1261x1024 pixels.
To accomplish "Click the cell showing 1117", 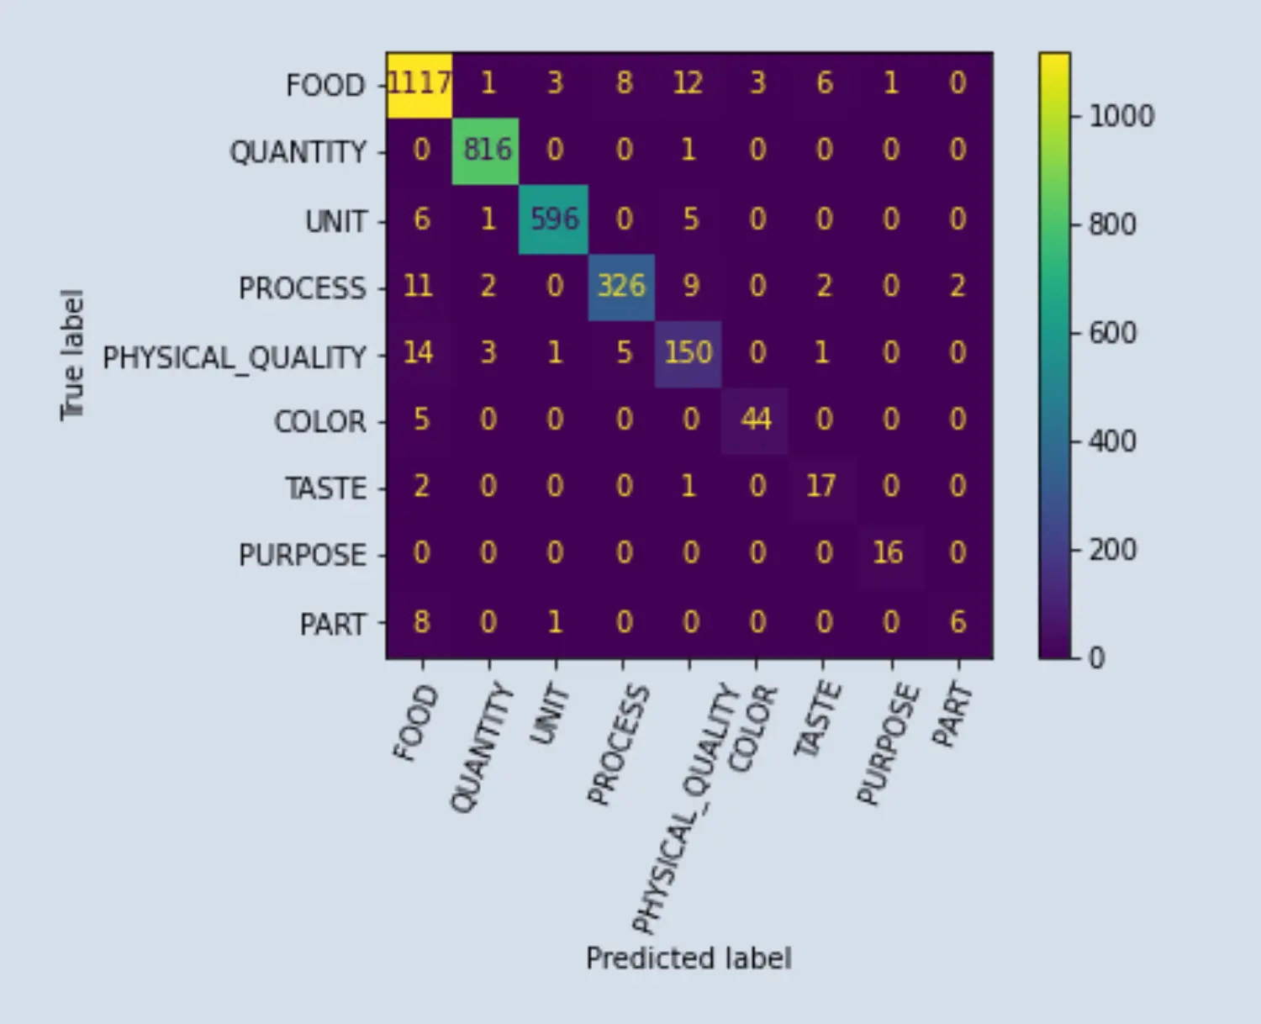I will (x=419, y=83).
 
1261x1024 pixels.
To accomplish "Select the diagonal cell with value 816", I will (x=487, y=150).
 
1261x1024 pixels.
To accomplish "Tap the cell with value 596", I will (x=554, y=219).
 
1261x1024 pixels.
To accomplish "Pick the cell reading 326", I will (x=621, y=286).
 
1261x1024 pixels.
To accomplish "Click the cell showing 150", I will (x=689, y=352).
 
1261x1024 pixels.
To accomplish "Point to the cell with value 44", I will (x=756, y=419).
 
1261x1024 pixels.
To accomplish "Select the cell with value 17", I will (x=821, y=486).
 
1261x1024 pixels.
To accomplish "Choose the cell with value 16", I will (x=889, y=553).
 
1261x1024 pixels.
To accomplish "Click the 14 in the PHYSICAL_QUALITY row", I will (x=418, y=352).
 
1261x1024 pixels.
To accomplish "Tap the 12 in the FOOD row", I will (x=688, y=83).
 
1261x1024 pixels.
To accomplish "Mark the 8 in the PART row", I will (x=421, y=622).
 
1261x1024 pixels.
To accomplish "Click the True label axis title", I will (x=72, y=355).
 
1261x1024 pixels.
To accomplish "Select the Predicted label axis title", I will (x=689, y=958).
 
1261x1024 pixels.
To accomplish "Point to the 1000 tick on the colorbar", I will (x=1121, y=116).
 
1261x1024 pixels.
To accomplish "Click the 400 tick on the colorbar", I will (x=1112, y=441).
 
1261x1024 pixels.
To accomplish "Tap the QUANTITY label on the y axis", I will (x=298, y=152).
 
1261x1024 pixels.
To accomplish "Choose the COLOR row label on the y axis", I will (x=320, y=421).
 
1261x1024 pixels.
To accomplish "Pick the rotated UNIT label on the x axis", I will (x=551, y=715).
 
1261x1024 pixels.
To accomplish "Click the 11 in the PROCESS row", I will (x=418, y=286).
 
